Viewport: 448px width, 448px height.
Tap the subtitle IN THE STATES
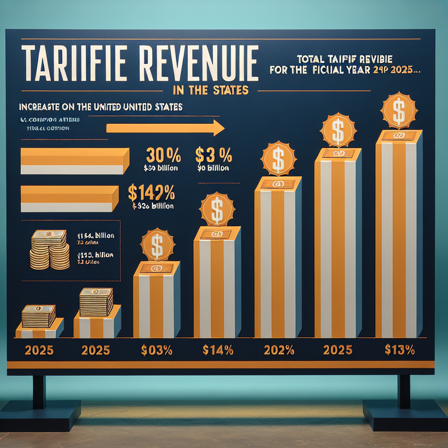[211, 91]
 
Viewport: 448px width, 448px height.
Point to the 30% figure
[163, 157]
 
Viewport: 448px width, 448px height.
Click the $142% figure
[151, 193]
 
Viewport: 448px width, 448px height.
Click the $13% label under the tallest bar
[399, 350]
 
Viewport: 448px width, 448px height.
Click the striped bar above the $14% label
[217, 284]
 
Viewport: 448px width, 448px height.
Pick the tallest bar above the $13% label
[399, 236]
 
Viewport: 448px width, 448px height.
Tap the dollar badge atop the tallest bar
[399, 110]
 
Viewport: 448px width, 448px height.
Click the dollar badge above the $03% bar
[157, 245]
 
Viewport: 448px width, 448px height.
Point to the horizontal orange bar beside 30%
[74, 161]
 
